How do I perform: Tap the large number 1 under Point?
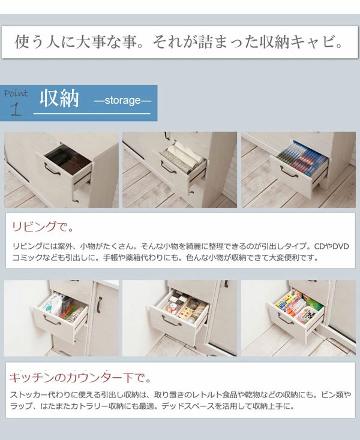16,109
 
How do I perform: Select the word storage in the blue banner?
122,101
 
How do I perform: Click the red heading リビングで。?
43,228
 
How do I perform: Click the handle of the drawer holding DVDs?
290,175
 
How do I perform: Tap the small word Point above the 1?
15,94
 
